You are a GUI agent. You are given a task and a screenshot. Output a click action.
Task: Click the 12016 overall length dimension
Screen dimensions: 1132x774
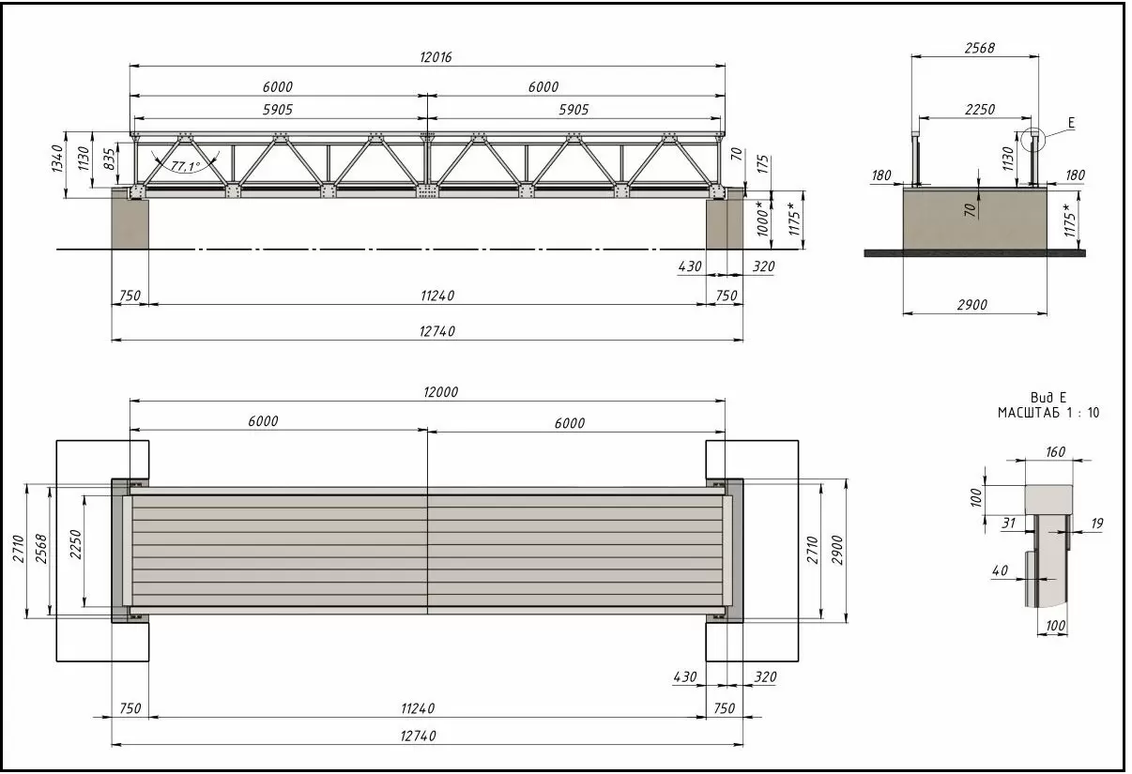436,57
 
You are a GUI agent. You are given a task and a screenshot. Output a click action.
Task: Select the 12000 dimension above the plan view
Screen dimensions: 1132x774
440,392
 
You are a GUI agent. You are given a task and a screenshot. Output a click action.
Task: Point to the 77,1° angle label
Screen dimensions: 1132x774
186,166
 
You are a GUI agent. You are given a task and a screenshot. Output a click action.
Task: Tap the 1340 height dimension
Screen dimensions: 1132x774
57,159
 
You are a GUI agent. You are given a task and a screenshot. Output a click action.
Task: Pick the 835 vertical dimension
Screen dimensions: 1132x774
109,159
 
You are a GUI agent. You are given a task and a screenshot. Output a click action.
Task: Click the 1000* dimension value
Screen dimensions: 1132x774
762,219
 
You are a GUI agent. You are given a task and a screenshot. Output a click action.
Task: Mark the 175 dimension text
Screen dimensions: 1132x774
763,164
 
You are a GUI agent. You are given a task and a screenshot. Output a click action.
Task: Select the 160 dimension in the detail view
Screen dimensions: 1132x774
1055,451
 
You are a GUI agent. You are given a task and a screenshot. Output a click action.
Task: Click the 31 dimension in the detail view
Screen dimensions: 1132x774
1009,524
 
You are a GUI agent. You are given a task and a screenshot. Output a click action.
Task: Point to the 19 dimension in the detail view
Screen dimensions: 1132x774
1096,524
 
